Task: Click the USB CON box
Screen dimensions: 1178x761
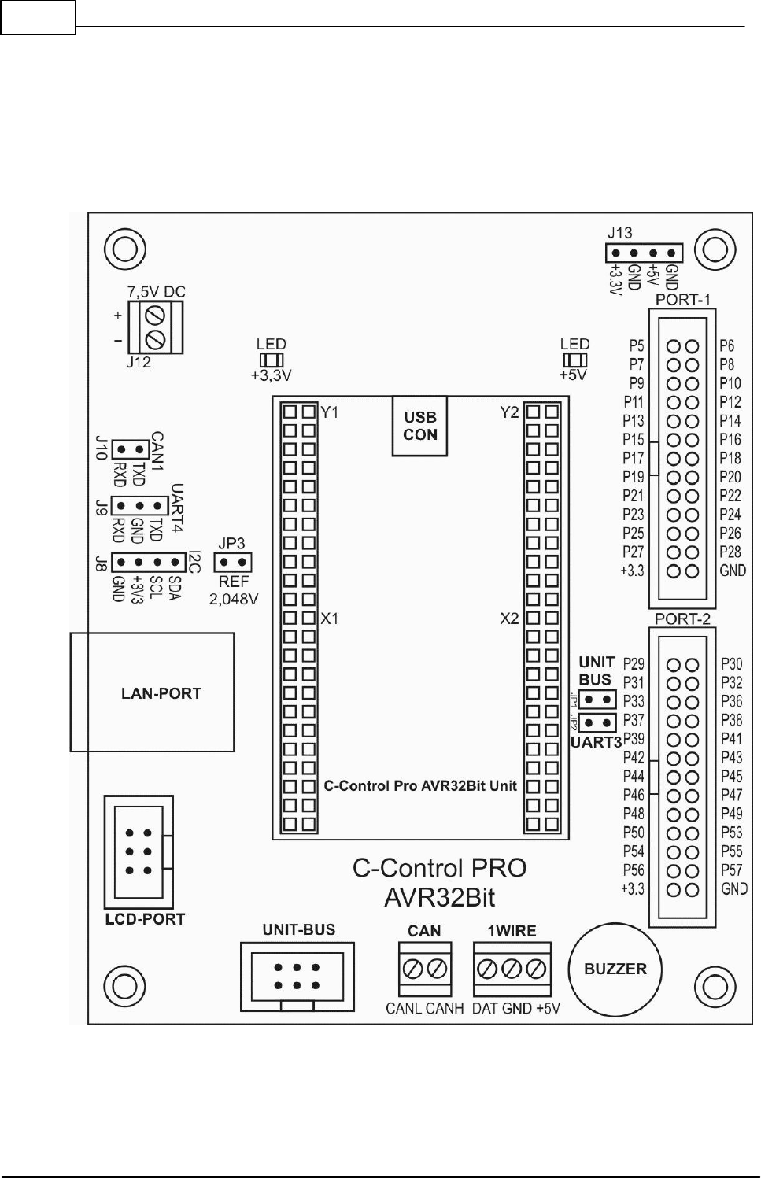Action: pyautogui.click(x=420, y=427)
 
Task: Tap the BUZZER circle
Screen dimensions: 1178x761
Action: pyautogui.click(x=615, y=969)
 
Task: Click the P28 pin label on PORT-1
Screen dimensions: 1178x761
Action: pyautogui.click(x=730, y=552)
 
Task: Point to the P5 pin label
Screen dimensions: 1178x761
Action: pyautogui.click(x=637, y=345)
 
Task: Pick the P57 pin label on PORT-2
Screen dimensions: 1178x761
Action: pyautogui.click(x=732, y=870)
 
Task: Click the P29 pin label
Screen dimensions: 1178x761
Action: pyautogui.click(x=634, y=663)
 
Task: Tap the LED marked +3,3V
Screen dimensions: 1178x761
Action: pyautogui.click(x=271, y=360)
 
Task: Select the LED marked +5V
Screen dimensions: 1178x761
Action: pyautogui.click(x=574, y=360)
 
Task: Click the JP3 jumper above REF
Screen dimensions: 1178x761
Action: pyautogui.click(x=233, y=563)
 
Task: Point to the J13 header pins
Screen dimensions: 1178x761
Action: pyautogui.click(x=644, y=253)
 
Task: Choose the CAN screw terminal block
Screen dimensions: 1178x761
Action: pyautogui.click(x=425, y=969)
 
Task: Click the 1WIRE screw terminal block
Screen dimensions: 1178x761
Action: pyautogui.click(x=512, y=969)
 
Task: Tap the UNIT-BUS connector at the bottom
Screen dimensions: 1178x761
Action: pyautogui.click(x=297, y=976)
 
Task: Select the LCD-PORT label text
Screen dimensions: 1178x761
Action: pyautogui.click(x=145, y=919)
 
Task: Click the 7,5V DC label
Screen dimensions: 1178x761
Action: pyautogui.click(x=157, y=292)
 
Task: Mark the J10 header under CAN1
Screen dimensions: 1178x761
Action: pyautogui.click(x=131, y=449)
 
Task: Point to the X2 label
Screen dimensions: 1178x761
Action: pyautogui.click(x=510, y=619)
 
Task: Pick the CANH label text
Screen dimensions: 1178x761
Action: pyautogui.click(x=445, y=1008)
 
